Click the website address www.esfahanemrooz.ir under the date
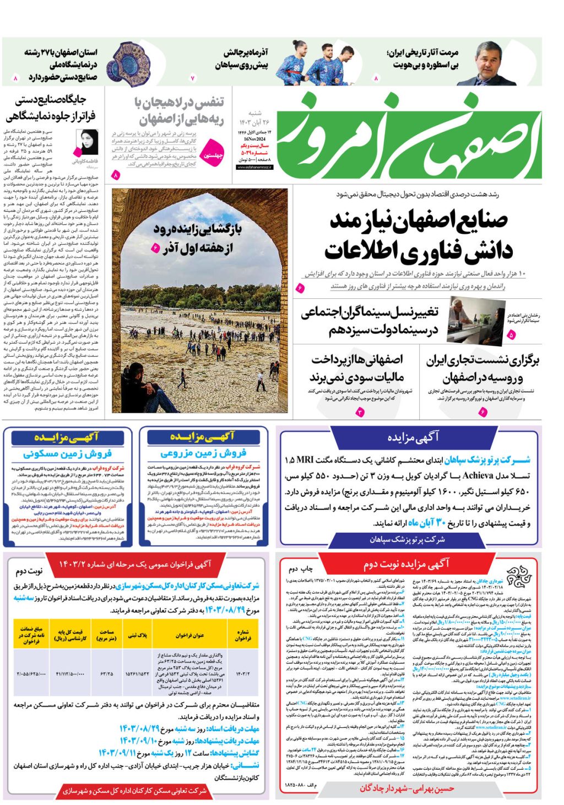point(254,167)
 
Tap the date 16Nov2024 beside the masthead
point(254,139)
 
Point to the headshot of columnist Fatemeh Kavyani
point(87,142)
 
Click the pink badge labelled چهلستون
point(213,155)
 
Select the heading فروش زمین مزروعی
point(203,453)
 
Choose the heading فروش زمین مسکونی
point(67,454)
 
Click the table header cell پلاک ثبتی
point(138,635)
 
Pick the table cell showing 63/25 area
point(106,673)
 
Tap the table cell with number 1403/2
point(243,673)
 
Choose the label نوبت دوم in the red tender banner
point(29,571)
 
